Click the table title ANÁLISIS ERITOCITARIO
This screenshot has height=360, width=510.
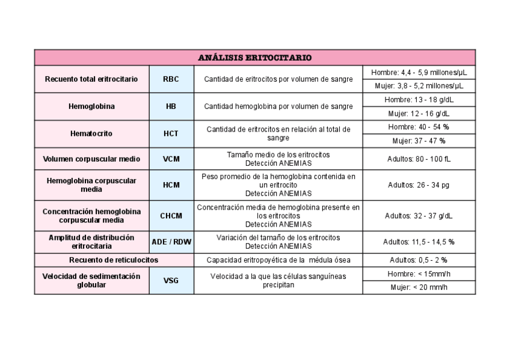(x=255, y=58)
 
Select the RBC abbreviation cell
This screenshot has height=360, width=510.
(x=171, y=79)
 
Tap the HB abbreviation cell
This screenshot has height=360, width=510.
(x=171, y=106)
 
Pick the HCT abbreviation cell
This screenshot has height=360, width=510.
(x=171, y=133)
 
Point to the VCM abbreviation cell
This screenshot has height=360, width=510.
(x=171, y=159)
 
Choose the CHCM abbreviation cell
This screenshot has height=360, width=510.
(x=171, y=216)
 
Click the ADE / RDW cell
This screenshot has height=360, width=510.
(x=171, y=242)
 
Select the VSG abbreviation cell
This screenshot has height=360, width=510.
(x=171, y=280)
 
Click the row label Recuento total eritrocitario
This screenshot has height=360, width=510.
(x=91, y=79)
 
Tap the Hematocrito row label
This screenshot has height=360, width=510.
(x=91, y=133)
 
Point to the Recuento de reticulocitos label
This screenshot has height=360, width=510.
(x=114, y=260)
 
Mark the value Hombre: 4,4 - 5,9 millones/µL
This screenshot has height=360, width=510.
(x=419, y=72)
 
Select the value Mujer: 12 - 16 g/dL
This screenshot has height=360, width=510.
(x=419, y=113)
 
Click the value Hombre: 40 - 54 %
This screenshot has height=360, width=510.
(x=419, y=127)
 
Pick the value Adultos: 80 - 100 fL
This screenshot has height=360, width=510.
(x=419, y=159)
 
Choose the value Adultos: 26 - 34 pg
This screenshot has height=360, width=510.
(x=419, y=185)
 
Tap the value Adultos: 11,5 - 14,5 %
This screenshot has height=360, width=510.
(x=419, y=242)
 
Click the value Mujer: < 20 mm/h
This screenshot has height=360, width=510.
(x=419, y=287)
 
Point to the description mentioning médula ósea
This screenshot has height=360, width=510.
(x=278, y=260)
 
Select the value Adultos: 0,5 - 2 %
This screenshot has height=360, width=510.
(x=419, y=260)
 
